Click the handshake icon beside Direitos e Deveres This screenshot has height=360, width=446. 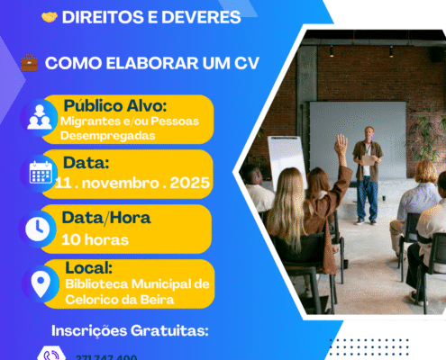pos(50,17)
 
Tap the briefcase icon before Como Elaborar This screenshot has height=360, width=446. pos(30,64)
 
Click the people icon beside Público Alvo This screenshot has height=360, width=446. pos(40,118)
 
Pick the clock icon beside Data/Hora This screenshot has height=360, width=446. pos(39,229)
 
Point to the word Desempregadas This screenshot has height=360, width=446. pos(105,135)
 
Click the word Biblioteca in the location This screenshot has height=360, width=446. pos(98,283)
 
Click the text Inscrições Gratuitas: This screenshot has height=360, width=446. pos(130,330)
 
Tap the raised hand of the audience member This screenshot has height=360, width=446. pos(341,142)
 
